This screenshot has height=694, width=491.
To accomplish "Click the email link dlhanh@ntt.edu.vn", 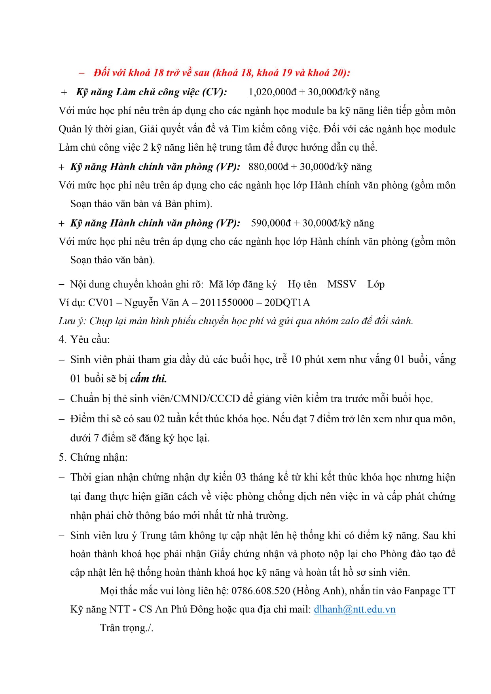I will (355, 609).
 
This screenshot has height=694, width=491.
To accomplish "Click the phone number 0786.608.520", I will (261, 591).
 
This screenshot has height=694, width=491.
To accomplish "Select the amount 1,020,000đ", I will (272, 92).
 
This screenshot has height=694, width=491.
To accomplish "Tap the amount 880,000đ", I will (268, 167).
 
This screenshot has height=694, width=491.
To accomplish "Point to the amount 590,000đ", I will (271, 223).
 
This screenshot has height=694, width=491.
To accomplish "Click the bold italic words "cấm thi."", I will (148, 379).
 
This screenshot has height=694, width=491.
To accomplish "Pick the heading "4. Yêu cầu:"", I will (84, 340).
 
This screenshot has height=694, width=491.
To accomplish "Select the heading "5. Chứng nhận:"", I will (93, 458).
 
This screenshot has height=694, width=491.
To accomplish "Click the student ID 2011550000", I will (227, 303).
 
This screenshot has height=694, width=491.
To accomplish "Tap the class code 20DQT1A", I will (287, 303).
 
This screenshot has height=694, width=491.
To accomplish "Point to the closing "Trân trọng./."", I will (127, 628).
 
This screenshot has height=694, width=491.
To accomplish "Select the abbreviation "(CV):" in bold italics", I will (214, 92).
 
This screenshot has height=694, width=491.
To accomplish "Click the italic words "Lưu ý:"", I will (72, 321).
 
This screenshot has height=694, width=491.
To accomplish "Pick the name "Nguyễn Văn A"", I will (157, 303).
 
